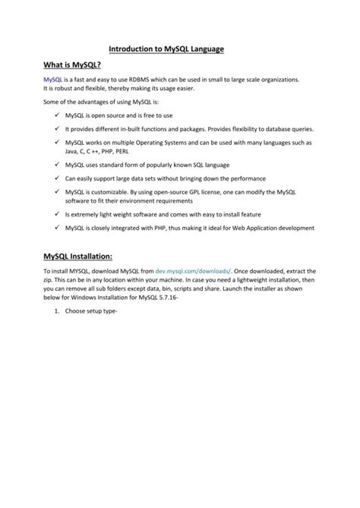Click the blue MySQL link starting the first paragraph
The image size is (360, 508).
(x=52, y=80)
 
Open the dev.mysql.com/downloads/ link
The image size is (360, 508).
(x=191, y=271)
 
